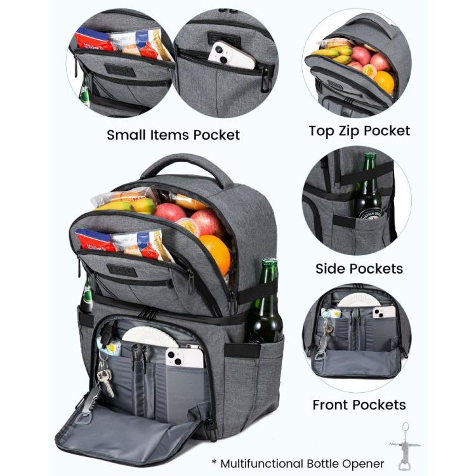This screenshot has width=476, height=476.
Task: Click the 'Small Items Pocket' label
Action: click(173, 135)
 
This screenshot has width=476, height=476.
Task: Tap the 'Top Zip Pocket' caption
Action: click(359, 131)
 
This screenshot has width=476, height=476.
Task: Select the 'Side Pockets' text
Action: click(359, 268)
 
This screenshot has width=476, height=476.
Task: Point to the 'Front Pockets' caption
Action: click(359, 405)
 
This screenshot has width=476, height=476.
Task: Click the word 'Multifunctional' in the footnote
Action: click(261, 463)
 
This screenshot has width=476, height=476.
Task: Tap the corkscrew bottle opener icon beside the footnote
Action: click(405, 446)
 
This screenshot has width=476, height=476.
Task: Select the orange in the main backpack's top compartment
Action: click(215, 253)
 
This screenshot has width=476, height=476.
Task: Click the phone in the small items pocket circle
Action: click(231, 56)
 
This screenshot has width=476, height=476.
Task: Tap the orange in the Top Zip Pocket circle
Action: click(384, 81)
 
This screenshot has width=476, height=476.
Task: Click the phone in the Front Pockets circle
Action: click(385, 312)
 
